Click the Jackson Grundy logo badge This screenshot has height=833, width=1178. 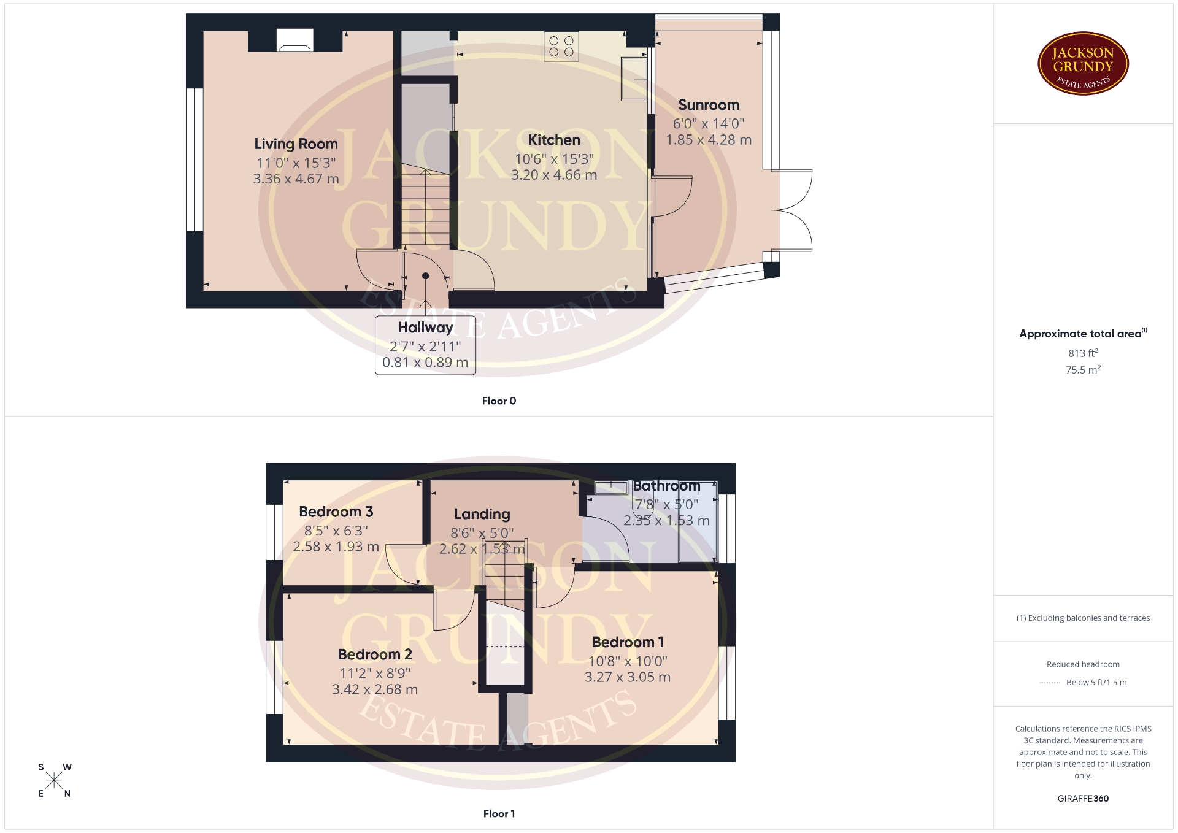click(1083, 64)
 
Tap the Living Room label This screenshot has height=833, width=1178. click(296, 144)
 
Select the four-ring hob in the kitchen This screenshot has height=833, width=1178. click(561, 47)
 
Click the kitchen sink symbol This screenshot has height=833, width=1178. click(634, 79)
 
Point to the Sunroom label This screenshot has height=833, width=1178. click(709, 105)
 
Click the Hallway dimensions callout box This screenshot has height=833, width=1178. click(425, 345)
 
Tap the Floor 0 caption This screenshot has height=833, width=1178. click(499, 401)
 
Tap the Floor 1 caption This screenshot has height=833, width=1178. click(499, 814)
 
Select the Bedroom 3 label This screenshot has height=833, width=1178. click(336, 512)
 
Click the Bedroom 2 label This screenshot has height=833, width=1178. click(375, 654)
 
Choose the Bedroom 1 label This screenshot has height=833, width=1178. click(628, 642)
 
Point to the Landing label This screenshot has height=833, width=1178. click(482, 514)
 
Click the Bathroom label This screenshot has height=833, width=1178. click(666, 486)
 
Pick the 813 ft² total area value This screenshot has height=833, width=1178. click(1083, 353)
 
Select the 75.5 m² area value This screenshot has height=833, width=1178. click(1083, 370)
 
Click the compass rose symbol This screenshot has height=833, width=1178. click(54, 780)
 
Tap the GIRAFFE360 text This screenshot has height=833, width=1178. click(1083, 799)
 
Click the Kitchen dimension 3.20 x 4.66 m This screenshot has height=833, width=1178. click(554, 175)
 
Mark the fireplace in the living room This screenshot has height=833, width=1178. click(295, 40)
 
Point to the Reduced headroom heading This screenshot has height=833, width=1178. click(1083, 664)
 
